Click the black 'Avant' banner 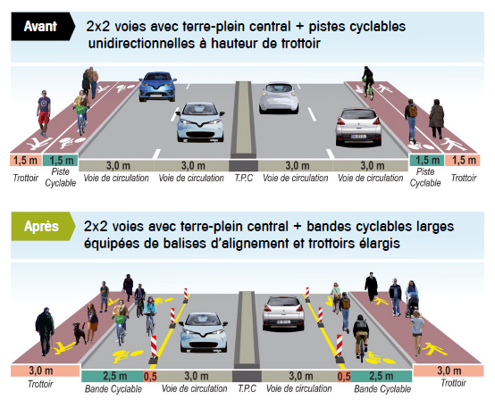(x=43, y=27)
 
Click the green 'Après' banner (x=43, y=226)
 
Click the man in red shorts (x=44, y=113)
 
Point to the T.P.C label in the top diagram (x=244, y=178)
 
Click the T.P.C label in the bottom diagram (x=247, y=388)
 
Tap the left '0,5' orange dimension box (x=150, y=377)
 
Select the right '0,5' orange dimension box (x=344, y=377)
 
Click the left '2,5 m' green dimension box (x=113, y=376)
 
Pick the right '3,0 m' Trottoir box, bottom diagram (x=449, y=371)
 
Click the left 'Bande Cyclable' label (x=113, y=388)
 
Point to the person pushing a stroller (x=412, y=298)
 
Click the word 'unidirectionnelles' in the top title (x=141, y=43)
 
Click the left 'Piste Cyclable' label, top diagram (x=61, y=178)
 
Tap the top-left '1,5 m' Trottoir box (x=26, y=161)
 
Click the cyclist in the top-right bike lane (x=368, y=82)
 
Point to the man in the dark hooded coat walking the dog (x=45, y=331)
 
